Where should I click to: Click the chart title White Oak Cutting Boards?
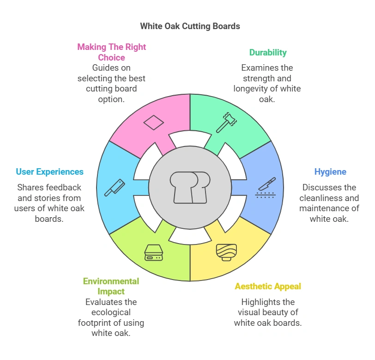coord(190,26)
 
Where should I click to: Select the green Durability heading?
coord(268,52)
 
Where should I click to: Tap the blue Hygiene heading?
coord(330,172)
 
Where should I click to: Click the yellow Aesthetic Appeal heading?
coord(268,287)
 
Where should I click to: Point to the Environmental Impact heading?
coord(111,286)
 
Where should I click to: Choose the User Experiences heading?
coord(50,172)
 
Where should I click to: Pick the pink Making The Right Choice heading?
coord(112,52)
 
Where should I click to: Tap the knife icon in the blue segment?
coord(266,187)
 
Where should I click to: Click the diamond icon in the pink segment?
coord(153,122)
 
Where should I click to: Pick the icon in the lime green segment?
coord(154,252)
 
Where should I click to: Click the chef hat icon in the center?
coord(190,187)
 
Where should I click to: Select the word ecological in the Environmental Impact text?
coord(111,312)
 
